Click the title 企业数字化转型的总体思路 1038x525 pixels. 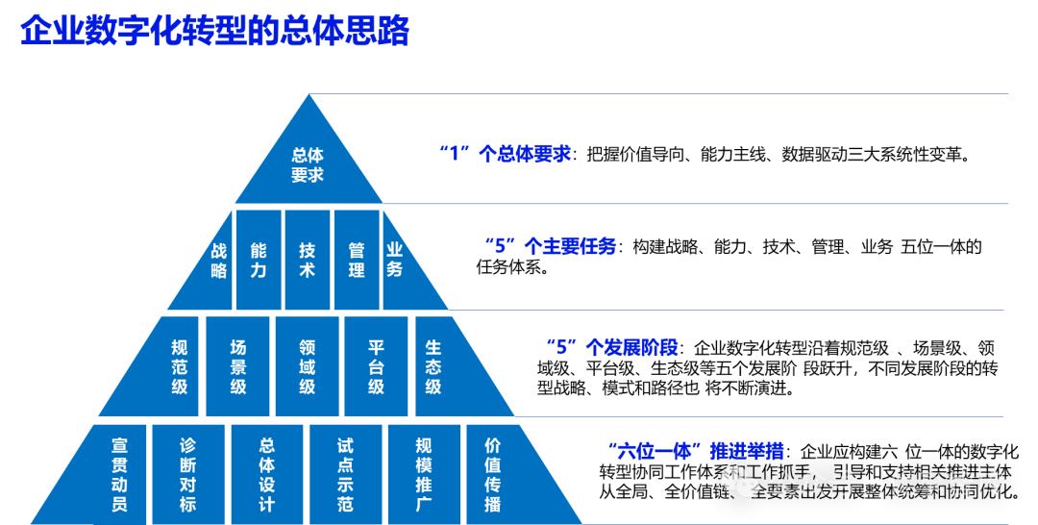point(215,32)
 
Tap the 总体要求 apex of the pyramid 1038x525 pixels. point(308,164)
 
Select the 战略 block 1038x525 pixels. point(218,261)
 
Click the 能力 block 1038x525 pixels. point(259,260)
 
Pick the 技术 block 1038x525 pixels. point(308,260)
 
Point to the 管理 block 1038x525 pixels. point(357,260)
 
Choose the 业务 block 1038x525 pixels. point(397,260)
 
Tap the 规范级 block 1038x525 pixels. point(179,366)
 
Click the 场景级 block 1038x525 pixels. point(238,366)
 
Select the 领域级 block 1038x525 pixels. point(307,366)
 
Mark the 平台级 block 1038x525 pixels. point(376,366)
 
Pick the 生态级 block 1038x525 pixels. point(434,366)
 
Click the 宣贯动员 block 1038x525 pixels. point(118,474)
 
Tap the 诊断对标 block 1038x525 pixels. point(188,474)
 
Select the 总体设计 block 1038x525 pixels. point(267,474)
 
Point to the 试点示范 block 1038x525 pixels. point(345,474)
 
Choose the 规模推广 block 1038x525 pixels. point(423,474)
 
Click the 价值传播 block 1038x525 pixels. point(494,474)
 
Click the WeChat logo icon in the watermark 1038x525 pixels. point(740,482)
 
